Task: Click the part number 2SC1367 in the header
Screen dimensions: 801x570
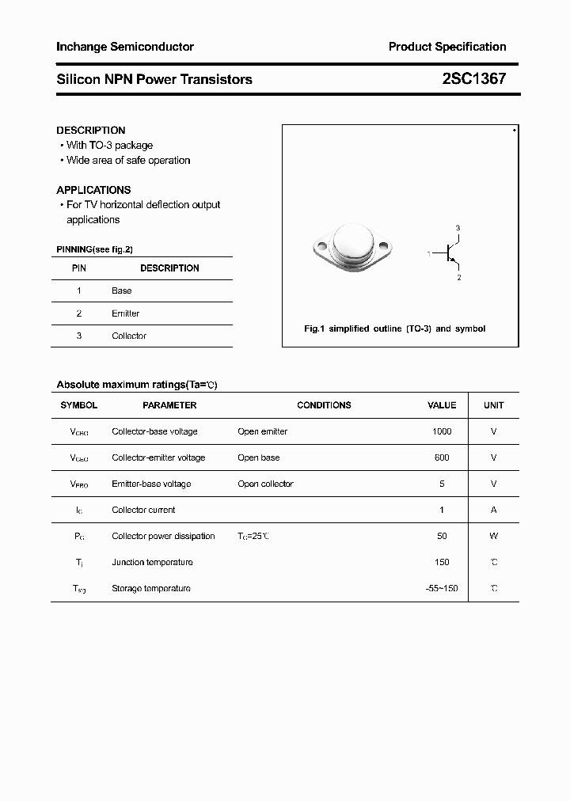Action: [x=473, y=79]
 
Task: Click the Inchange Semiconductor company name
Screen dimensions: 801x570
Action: [x=125, y=47]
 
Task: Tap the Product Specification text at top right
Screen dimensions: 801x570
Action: [x=446, y=47]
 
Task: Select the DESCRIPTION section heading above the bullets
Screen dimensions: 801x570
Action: [x=91, y=130]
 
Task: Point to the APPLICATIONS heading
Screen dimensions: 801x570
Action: [x=93, y=190]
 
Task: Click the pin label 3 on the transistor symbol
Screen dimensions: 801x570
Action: [x=458, y=228]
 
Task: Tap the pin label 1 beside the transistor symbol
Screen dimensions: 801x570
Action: [x=428, y=253]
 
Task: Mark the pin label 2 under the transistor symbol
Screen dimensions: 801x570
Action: [x=458, y=278]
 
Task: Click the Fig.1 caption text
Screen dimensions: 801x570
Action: [x=395, y=328]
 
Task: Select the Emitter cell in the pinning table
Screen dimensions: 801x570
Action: [x=125, y=313]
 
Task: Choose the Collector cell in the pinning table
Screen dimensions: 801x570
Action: [x=129, y=336]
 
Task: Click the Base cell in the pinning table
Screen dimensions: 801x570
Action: [x=122, y=290]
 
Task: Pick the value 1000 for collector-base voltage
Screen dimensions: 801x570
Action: [x=442, y=431]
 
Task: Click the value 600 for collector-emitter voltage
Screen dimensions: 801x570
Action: [x=442, y=457]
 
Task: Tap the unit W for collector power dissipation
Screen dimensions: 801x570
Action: [x=493, y=536]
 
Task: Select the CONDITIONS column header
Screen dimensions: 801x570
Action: [x=324, y=405]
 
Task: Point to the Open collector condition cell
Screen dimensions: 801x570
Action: [x=265, y=484]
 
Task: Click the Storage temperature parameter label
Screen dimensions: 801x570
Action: [x=151, y=588]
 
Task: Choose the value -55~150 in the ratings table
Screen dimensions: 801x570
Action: [x=441, y=588]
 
